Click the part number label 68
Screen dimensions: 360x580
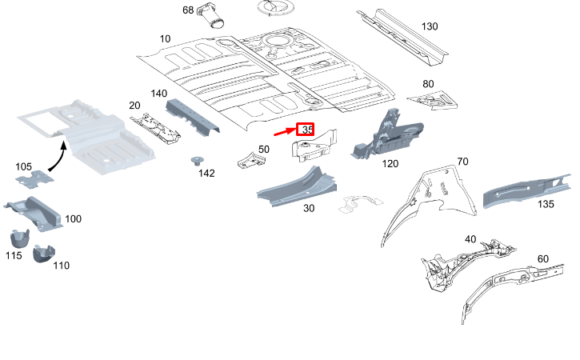188,10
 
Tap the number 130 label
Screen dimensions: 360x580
430,26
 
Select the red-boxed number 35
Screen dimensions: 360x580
306,130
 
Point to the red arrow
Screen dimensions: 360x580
284,134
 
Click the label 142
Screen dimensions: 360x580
206,174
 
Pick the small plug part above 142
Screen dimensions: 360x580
194,160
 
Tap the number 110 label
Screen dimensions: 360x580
62,265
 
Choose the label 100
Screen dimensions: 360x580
73,218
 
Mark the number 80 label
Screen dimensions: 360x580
428,84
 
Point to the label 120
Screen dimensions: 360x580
390,164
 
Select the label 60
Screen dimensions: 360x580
542,258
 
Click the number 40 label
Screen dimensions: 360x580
470,238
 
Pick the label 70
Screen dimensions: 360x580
462,162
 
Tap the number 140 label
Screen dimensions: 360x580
158,93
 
